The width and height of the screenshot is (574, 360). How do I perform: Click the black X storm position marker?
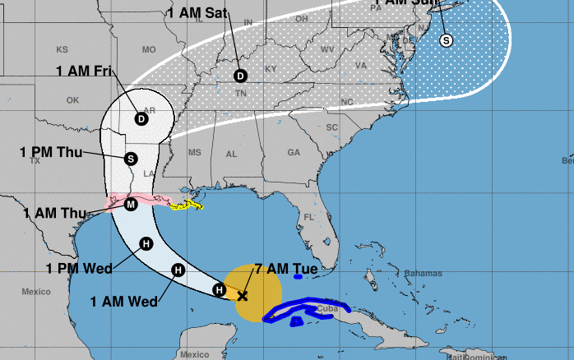click(x=242, y=295)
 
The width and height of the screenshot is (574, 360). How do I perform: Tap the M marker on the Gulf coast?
click(x=131, y=204)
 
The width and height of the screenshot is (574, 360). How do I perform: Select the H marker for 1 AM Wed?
click(x=178, y=270)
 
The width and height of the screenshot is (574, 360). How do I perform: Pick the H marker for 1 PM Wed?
click(x=146, y=242)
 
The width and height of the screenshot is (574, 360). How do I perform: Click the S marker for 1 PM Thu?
click(x=130, y=158)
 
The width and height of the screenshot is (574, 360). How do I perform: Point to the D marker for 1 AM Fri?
click(x=141, y=118)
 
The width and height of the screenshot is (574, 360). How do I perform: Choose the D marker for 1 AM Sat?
click(x=240, y=76)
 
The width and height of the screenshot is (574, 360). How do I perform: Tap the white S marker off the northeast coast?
click(x=447, y=39)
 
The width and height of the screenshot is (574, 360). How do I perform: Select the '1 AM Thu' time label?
click(x=55, y=213)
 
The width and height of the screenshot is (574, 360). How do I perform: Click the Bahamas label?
click(x=424, y=273)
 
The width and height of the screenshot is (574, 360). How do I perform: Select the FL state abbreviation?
click(x=309, y=217)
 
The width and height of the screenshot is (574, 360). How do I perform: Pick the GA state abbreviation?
click(x=294, y=152)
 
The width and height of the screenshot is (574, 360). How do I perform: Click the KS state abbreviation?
click(x=62, y=49)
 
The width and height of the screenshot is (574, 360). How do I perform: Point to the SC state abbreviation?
click(x=332, y=127)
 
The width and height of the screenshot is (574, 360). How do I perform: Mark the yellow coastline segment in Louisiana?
click(x=187, y=203)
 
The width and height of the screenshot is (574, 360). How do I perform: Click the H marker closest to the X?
click(x=219, y=288)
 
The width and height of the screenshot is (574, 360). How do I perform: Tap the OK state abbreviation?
click(x=72, y=100)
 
